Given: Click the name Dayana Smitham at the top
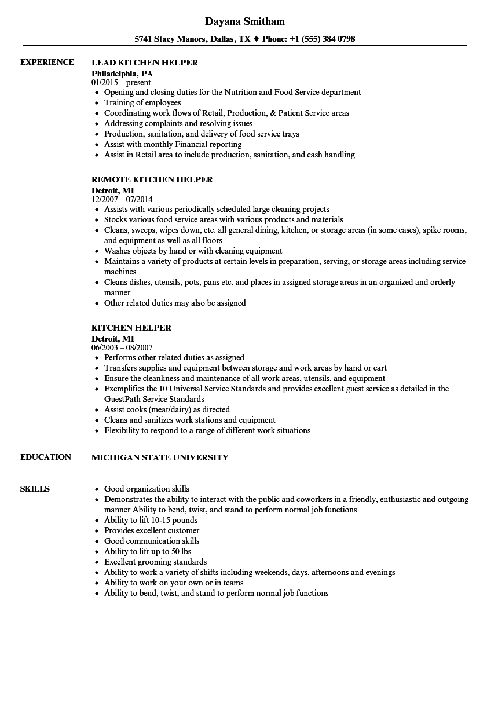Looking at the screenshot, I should tap(245, 22).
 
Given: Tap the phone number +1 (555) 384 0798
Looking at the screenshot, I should tap(321, 39).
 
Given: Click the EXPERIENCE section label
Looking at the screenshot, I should tap(47, 62).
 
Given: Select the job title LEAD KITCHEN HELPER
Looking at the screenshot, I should tap(144, 63).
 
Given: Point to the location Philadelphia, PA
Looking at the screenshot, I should tap(122, 74).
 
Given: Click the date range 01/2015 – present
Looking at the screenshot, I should tap(121, 83).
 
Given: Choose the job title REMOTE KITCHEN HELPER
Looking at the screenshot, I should tap(152, 179).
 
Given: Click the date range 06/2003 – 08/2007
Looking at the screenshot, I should tap(122, 348).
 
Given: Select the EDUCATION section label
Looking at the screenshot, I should tap(46, 457).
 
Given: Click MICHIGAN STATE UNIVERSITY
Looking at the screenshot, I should tap(160, 457).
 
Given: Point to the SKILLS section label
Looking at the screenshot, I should tap(35, 489).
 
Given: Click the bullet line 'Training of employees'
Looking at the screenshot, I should tap(142, 102).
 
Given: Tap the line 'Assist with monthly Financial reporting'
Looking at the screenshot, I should tap(173, 144).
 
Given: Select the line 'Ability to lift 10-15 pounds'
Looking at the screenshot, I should tap(151, 520).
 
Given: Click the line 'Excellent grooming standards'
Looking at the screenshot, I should tap(155, 562).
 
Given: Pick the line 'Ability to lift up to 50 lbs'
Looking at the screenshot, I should tap(147, 551).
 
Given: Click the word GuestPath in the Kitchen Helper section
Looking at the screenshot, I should tap(122, 399).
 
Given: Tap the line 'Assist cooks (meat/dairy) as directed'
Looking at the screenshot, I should tap(167, 409).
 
